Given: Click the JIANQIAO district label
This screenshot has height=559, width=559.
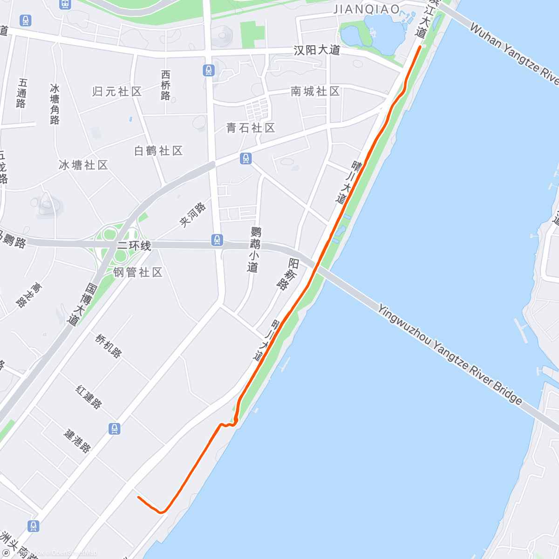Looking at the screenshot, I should [x=367, y=9].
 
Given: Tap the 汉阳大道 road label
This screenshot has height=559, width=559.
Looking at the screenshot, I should [x=317, y=50].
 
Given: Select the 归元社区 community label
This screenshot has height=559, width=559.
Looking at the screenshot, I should [x=117, y=91].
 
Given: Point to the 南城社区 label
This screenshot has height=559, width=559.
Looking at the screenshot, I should [x=315, y=91].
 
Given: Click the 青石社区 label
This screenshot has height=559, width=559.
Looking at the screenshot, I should [x=251, y=128].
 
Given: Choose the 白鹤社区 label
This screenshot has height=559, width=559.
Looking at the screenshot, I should [x=158, y=151].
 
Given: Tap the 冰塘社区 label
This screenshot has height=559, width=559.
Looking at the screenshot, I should [x=83, y=165].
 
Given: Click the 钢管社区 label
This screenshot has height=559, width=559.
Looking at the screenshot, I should [x=138, y=272].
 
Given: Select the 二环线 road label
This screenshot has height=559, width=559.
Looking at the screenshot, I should [x=134, y=245].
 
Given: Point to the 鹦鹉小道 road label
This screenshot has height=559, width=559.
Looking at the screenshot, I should [x=254, y=249].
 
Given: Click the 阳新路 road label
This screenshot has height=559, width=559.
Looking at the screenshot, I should [x=288, y=274].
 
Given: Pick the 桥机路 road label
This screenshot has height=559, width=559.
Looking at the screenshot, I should [x=109, y=346].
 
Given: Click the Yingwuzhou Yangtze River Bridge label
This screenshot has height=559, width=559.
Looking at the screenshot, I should [x=450, y=354].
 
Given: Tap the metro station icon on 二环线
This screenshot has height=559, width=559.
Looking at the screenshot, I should [x=217, y=240].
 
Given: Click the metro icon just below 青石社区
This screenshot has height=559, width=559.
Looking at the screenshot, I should [x=246, y=159].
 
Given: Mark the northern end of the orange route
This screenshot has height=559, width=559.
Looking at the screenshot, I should [x=420, y=47].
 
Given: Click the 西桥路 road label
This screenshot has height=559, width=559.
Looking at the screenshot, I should [x=166, y=85].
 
